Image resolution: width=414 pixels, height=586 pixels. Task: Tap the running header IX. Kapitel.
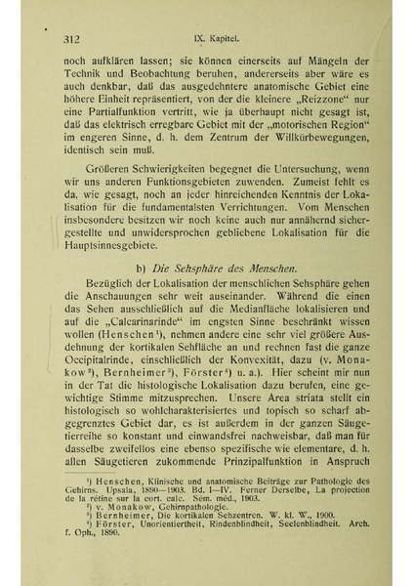coord(209,40)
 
